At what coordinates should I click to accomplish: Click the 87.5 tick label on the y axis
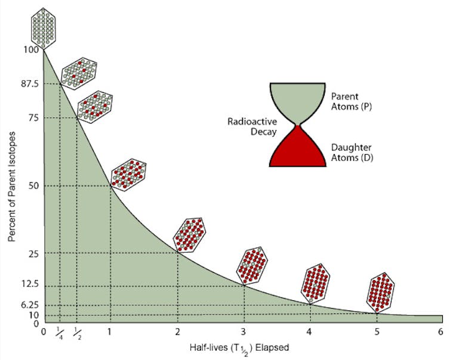29,84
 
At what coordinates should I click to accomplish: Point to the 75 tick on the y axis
32,118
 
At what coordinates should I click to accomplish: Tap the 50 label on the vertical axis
32,186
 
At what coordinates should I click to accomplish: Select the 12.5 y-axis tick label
30,287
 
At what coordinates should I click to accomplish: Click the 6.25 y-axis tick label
30,304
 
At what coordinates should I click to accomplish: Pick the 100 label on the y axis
30,50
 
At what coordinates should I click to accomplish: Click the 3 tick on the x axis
244,331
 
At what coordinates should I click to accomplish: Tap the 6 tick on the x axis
440,331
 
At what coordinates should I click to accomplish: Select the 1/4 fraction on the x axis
60,333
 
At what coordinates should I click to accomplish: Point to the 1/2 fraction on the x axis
76,333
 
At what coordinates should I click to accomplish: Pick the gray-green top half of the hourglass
297,99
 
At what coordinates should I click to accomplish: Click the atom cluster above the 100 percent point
44,27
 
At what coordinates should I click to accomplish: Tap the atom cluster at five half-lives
380,293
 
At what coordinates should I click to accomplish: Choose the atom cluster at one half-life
128,174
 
